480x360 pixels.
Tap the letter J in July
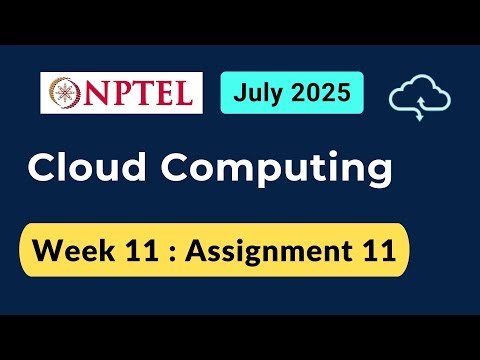[240, 94]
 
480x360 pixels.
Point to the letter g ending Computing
[375, 174]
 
